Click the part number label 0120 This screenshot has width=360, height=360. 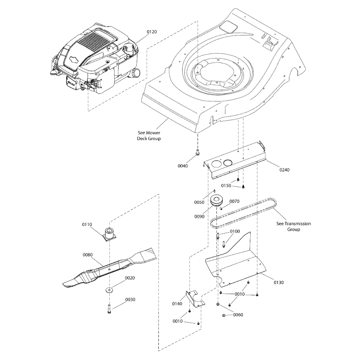pyautogui.click(x=152, y=32)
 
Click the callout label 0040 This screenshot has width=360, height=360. pyautogui.click(x=183, y=166)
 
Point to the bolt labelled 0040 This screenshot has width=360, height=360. pyautogui.click(x=198, y=154)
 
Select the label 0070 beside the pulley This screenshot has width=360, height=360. pyautogui.click(x=234, y=202)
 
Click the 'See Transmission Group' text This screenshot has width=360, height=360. pyautogui.click(x=293, y=226)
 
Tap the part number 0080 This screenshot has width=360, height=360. pyautogui.click(x=88, y=255)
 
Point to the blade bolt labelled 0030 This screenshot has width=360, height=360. pyautogui.click(x=109, y=310)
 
